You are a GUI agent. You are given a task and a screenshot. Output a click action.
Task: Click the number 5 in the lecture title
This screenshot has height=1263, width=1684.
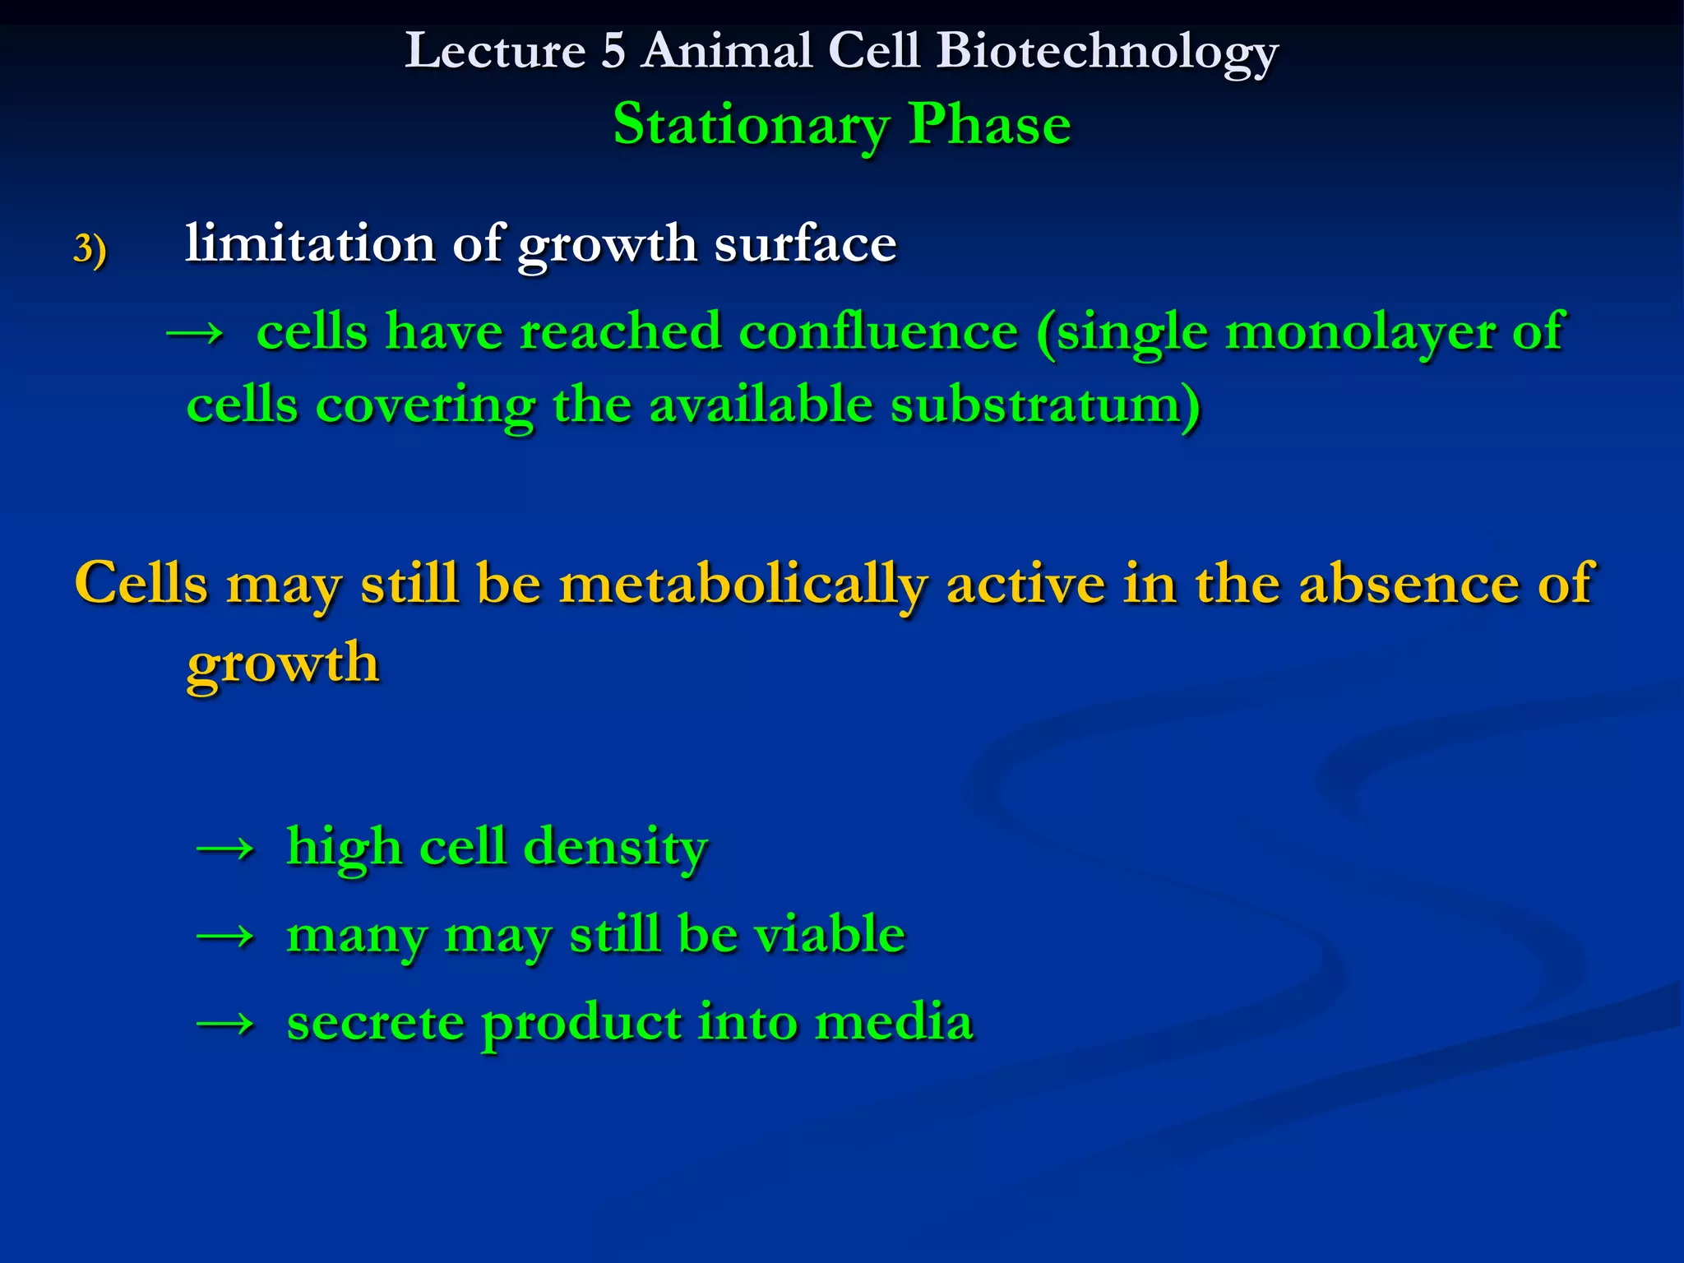click(x=613, y=51)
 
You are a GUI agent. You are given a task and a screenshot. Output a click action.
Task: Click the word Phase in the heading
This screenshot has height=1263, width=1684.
click(x=989, y=125)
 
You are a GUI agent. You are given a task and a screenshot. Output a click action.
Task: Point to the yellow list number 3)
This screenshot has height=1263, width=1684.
click(x=90, y=248)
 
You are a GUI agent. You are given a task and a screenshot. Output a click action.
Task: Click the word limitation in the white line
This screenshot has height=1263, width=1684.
click(x=310, y=244)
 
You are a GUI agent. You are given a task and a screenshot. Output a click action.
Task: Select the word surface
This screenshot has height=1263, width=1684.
click(x=805, y=244)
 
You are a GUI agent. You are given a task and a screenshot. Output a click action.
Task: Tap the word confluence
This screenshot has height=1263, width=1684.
click(x=878, y=332)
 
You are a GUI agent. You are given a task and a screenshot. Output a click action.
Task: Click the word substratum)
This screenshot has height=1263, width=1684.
click(x=1045, y=406)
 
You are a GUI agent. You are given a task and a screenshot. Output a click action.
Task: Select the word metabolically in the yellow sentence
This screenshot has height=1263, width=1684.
click(x=743, y=584)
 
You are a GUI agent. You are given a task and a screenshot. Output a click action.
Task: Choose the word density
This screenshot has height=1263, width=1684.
click(x=615, y=847)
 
